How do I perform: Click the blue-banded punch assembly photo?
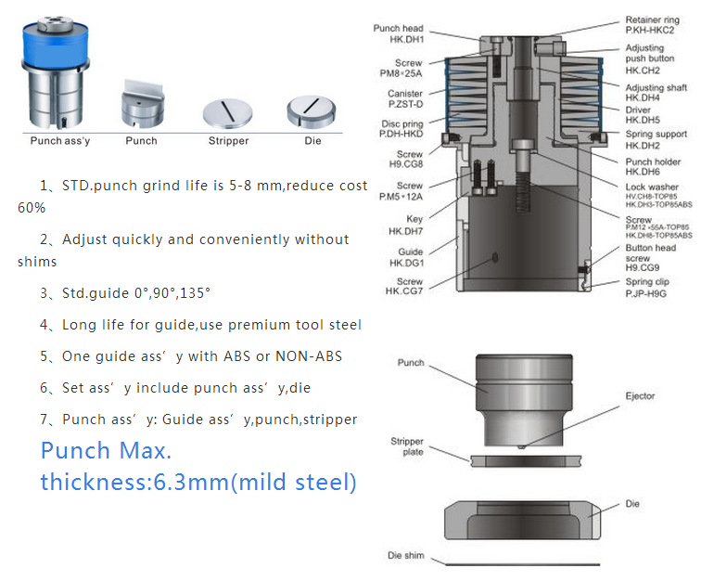pos(56,73)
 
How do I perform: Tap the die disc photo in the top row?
pos(312,111)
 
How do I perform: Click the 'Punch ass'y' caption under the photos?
pos(60,141)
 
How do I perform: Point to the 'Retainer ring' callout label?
pos(652,19)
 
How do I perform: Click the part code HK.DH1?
pos(407,40)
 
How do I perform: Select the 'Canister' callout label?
pos(405,93)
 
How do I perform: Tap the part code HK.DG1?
pos(407,263)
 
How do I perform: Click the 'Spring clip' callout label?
pos(647,281)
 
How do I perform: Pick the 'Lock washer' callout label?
pos(652,187)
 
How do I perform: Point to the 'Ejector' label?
pos(640,396)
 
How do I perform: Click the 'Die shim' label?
pos(406,556)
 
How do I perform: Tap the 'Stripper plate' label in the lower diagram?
pos(407,446)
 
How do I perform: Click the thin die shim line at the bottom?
pos(522,564)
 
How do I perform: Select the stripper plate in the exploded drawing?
pos(526,461)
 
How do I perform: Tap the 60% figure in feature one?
pos(32,208)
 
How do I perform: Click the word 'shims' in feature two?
pos(37,262)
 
